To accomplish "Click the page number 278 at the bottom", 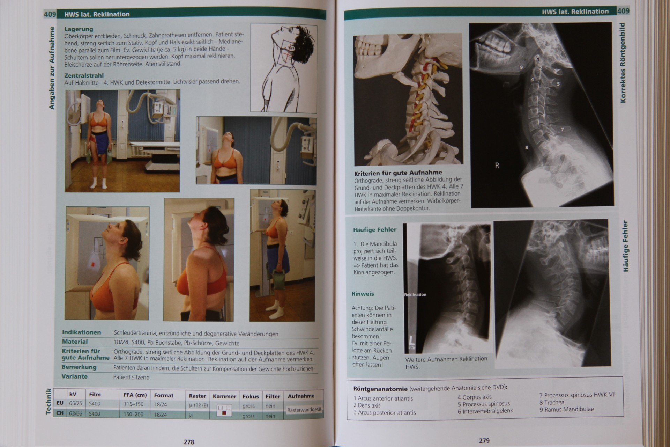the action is point(189,442).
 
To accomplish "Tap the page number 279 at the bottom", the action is point(484,441).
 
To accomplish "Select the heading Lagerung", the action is point(79,29).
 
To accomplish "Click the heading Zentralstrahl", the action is point(84,75).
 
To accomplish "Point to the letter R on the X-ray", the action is point(497,166).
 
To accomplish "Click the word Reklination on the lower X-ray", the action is point(415,295).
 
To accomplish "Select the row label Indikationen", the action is point(81,332).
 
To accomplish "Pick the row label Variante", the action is point(75,376).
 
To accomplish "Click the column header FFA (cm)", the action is point(135,395).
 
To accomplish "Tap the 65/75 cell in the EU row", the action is point(76,403).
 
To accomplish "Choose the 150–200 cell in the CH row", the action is point(133,414).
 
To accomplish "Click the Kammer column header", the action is point(224,396).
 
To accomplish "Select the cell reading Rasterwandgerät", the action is point(304,410).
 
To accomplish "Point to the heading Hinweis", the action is point(363,294).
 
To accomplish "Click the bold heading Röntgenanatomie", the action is point(380,389).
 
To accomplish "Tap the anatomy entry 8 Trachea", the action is point(552,402).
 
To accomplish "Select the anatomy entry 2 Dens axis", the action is point(367,405).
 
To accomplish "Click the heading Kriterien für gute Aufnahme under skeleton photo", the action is point(398,173).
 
